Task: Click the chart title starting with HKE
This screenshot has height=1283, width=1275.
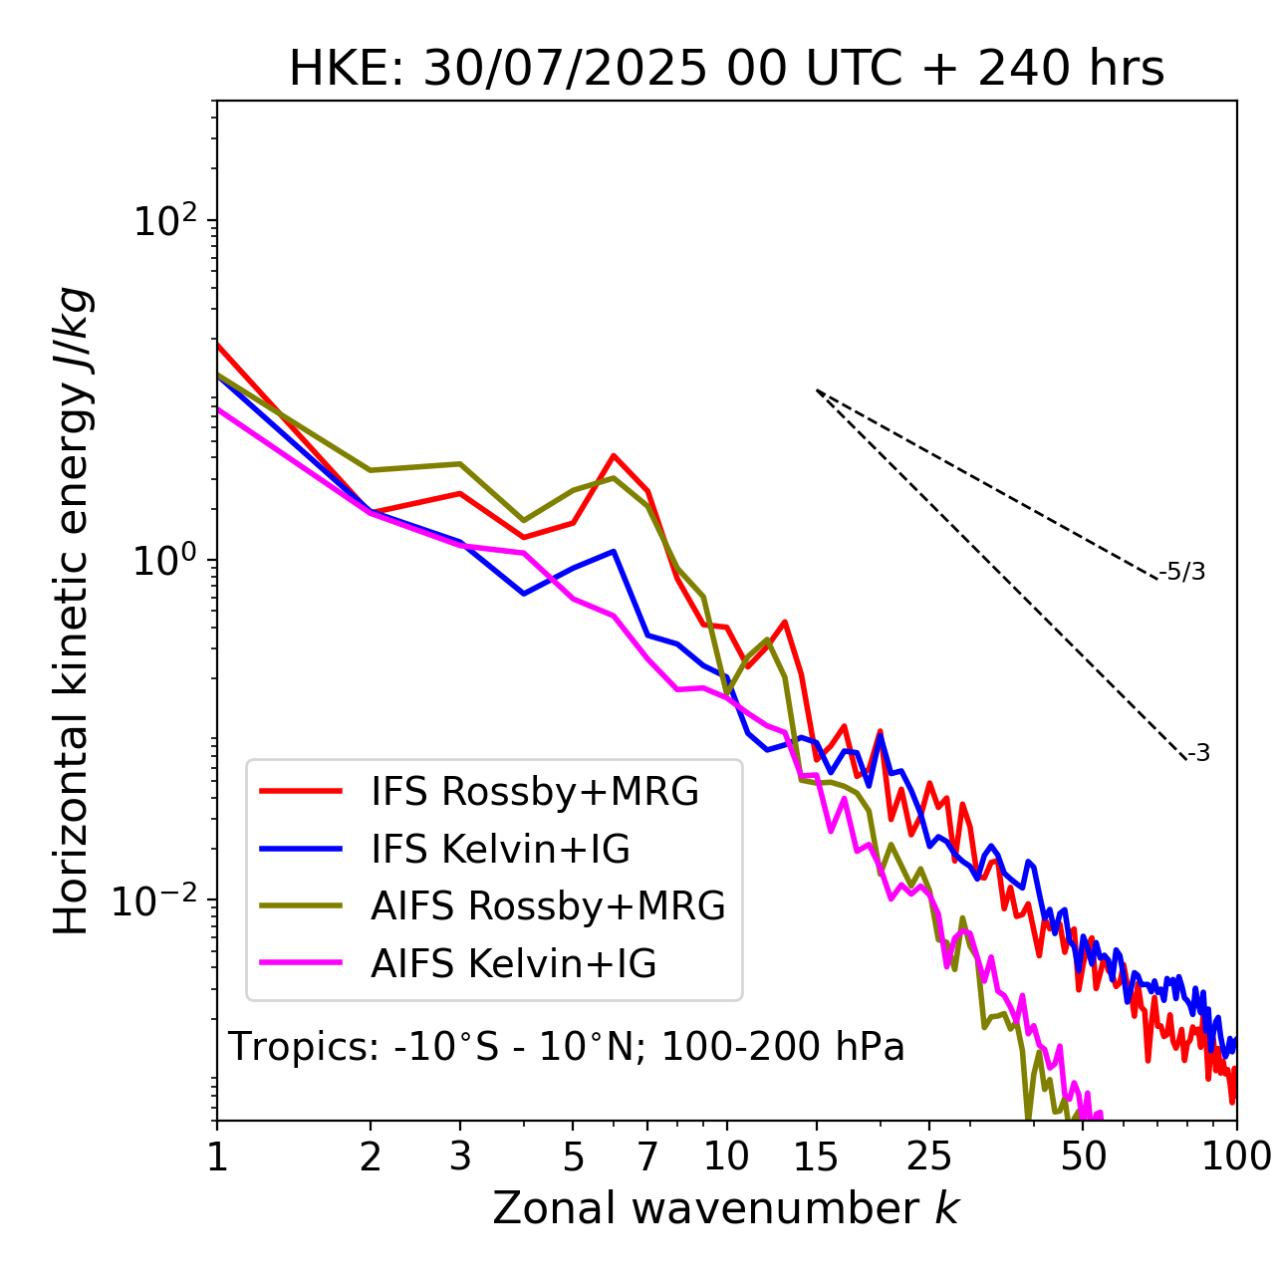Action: click(726, 70)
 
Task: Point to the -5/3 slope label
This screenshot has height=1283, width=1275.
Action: click(1182, 573)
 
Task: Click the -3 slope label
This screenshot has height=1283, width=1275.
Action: click(1198, 754)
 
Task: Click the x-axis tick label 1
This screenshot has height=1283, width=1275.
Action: click(217, 1156)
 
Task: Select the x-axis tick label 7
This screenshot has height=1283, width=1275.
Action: click(648, 1156)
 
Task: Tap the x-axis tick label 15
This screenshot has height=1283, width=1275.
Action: click(816, 1156)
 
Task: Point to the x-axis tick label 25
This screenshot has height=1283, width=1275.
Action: click(928, 1156)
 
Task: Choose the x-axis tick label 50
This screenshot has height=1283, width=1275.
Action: click(1083, 1156)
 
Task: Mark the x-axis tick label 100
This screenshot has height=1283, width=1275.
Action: click(1235, 1156)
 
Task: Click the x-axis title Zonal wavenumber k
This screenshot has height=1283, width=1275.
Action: click(726, 1208)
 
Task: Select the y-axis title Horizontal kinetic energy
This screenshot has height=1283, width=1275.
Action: click(73, 611)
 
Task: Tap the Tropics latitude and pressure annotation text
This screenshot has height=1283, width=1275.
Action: click(567, 1047)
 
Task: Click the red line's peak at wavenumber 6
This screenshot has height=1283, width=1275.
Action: click(615, 455)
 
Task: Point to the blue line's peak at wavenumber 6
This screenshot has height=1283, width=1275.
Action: click(615, 551)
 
